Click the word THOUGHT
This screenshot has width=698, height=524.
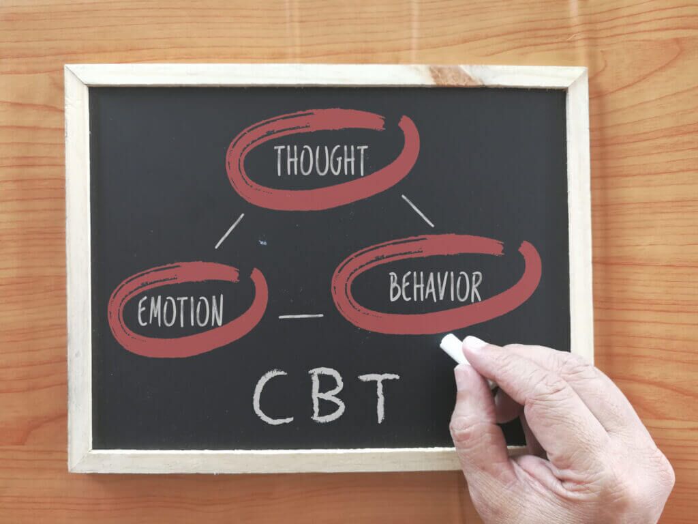pos(321,160)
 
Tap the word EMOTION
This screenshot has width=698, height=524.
pos(180,310)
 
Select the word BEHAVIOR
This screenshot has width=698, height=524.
pos(436,287)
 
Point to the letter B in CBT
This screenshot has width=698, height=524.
pos(327,395)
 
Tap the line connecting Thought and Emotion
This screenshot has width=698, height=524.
pos(229,231)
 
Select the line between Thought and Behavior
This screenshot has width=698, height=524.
pos(418,211)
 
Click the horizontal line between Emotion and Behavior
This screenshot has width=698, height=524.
pos(301,317)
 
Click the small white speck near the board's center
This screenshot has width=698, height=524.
pos(262,243)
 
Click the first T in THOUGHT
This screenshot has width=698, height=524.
pos(280,160)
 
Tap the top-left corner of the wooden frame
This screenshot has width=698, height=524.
pos(65,66)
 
